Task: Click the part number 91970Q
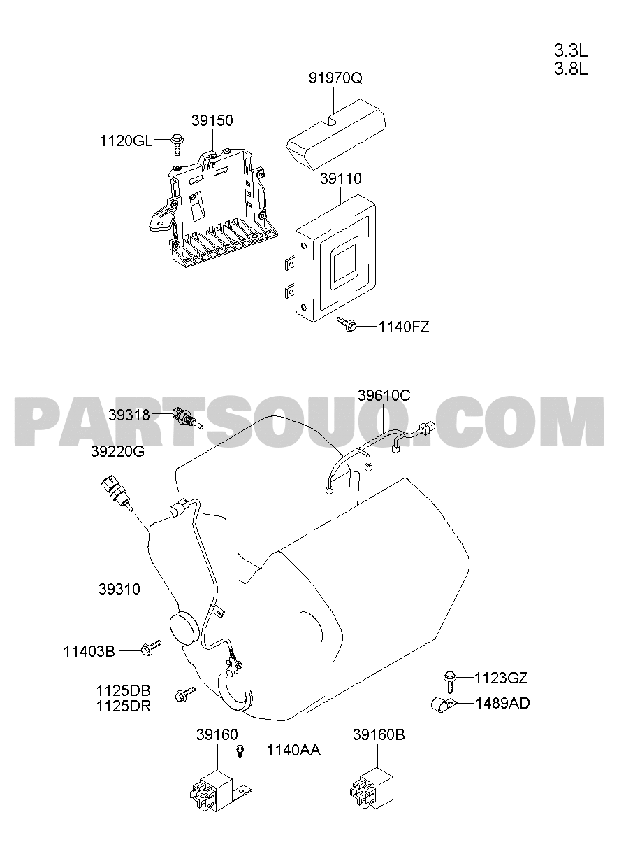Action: click(335, 78)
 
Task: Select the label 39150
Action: click(212, 120)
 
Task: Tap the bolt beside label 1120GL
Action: click(177, 143)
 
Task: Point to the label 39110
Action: click(341, 178)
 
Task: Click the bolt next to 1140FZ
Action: click(347, 324)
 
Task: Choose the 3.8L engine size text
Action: click(571, 69)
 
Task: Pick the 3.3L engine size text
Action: click(571, 50)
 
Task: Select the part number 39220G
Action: click(117, 452)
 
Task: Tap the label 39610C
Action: click(384, 395)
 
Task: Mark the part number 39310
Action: click(119, 589)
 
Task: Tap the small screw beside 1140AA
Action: click(240, 751)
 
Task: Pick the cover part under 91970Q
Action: click(335, 134)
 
